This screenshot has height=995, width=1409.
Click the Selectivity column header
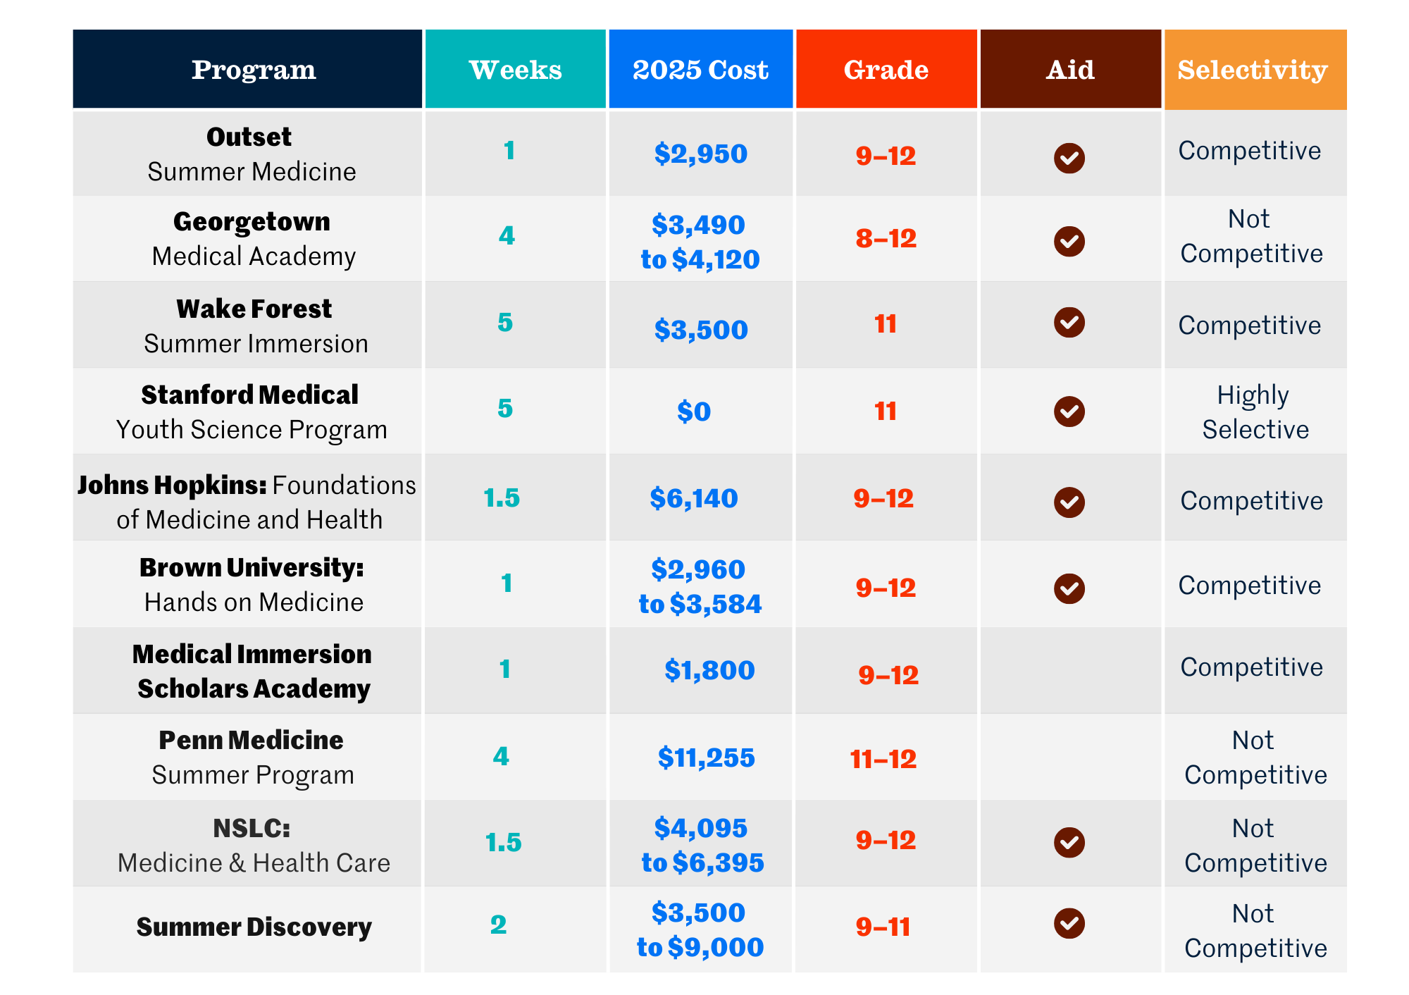1253,70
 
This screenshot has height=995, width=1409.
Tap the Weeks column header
515,70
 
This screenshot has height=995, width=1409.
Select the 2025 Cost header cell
700,70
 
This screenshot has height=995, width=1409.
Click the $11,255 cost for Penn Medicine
706,758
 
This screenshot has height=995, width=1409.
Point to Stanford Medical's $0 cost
694,412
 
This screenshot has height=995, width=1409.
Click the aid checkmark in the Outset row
1069,157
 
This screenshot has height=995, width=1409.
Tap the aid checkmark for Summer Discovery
1069,923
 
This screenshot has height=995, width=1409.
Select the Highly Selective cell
1255,412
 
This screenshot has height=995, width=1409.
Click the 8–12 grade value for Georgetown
886,239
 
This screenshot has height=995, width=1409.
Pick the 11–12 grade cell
883,759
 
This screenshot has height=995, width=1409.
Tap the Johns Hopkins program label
247,502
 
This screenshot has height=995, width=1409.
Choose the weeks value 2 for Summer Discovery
498,925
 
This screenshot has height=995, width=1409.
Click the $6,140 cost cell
694,498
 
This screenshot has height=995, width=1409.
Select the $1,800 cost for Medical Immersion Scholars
709,670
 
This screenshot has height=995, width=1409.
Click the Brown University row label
252,584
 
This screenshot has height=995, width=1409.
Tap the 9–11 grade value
883,927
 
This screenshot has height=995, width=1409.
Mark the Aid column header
1070,70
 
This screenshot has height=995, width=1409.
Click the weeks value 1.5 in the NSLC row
503,842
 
